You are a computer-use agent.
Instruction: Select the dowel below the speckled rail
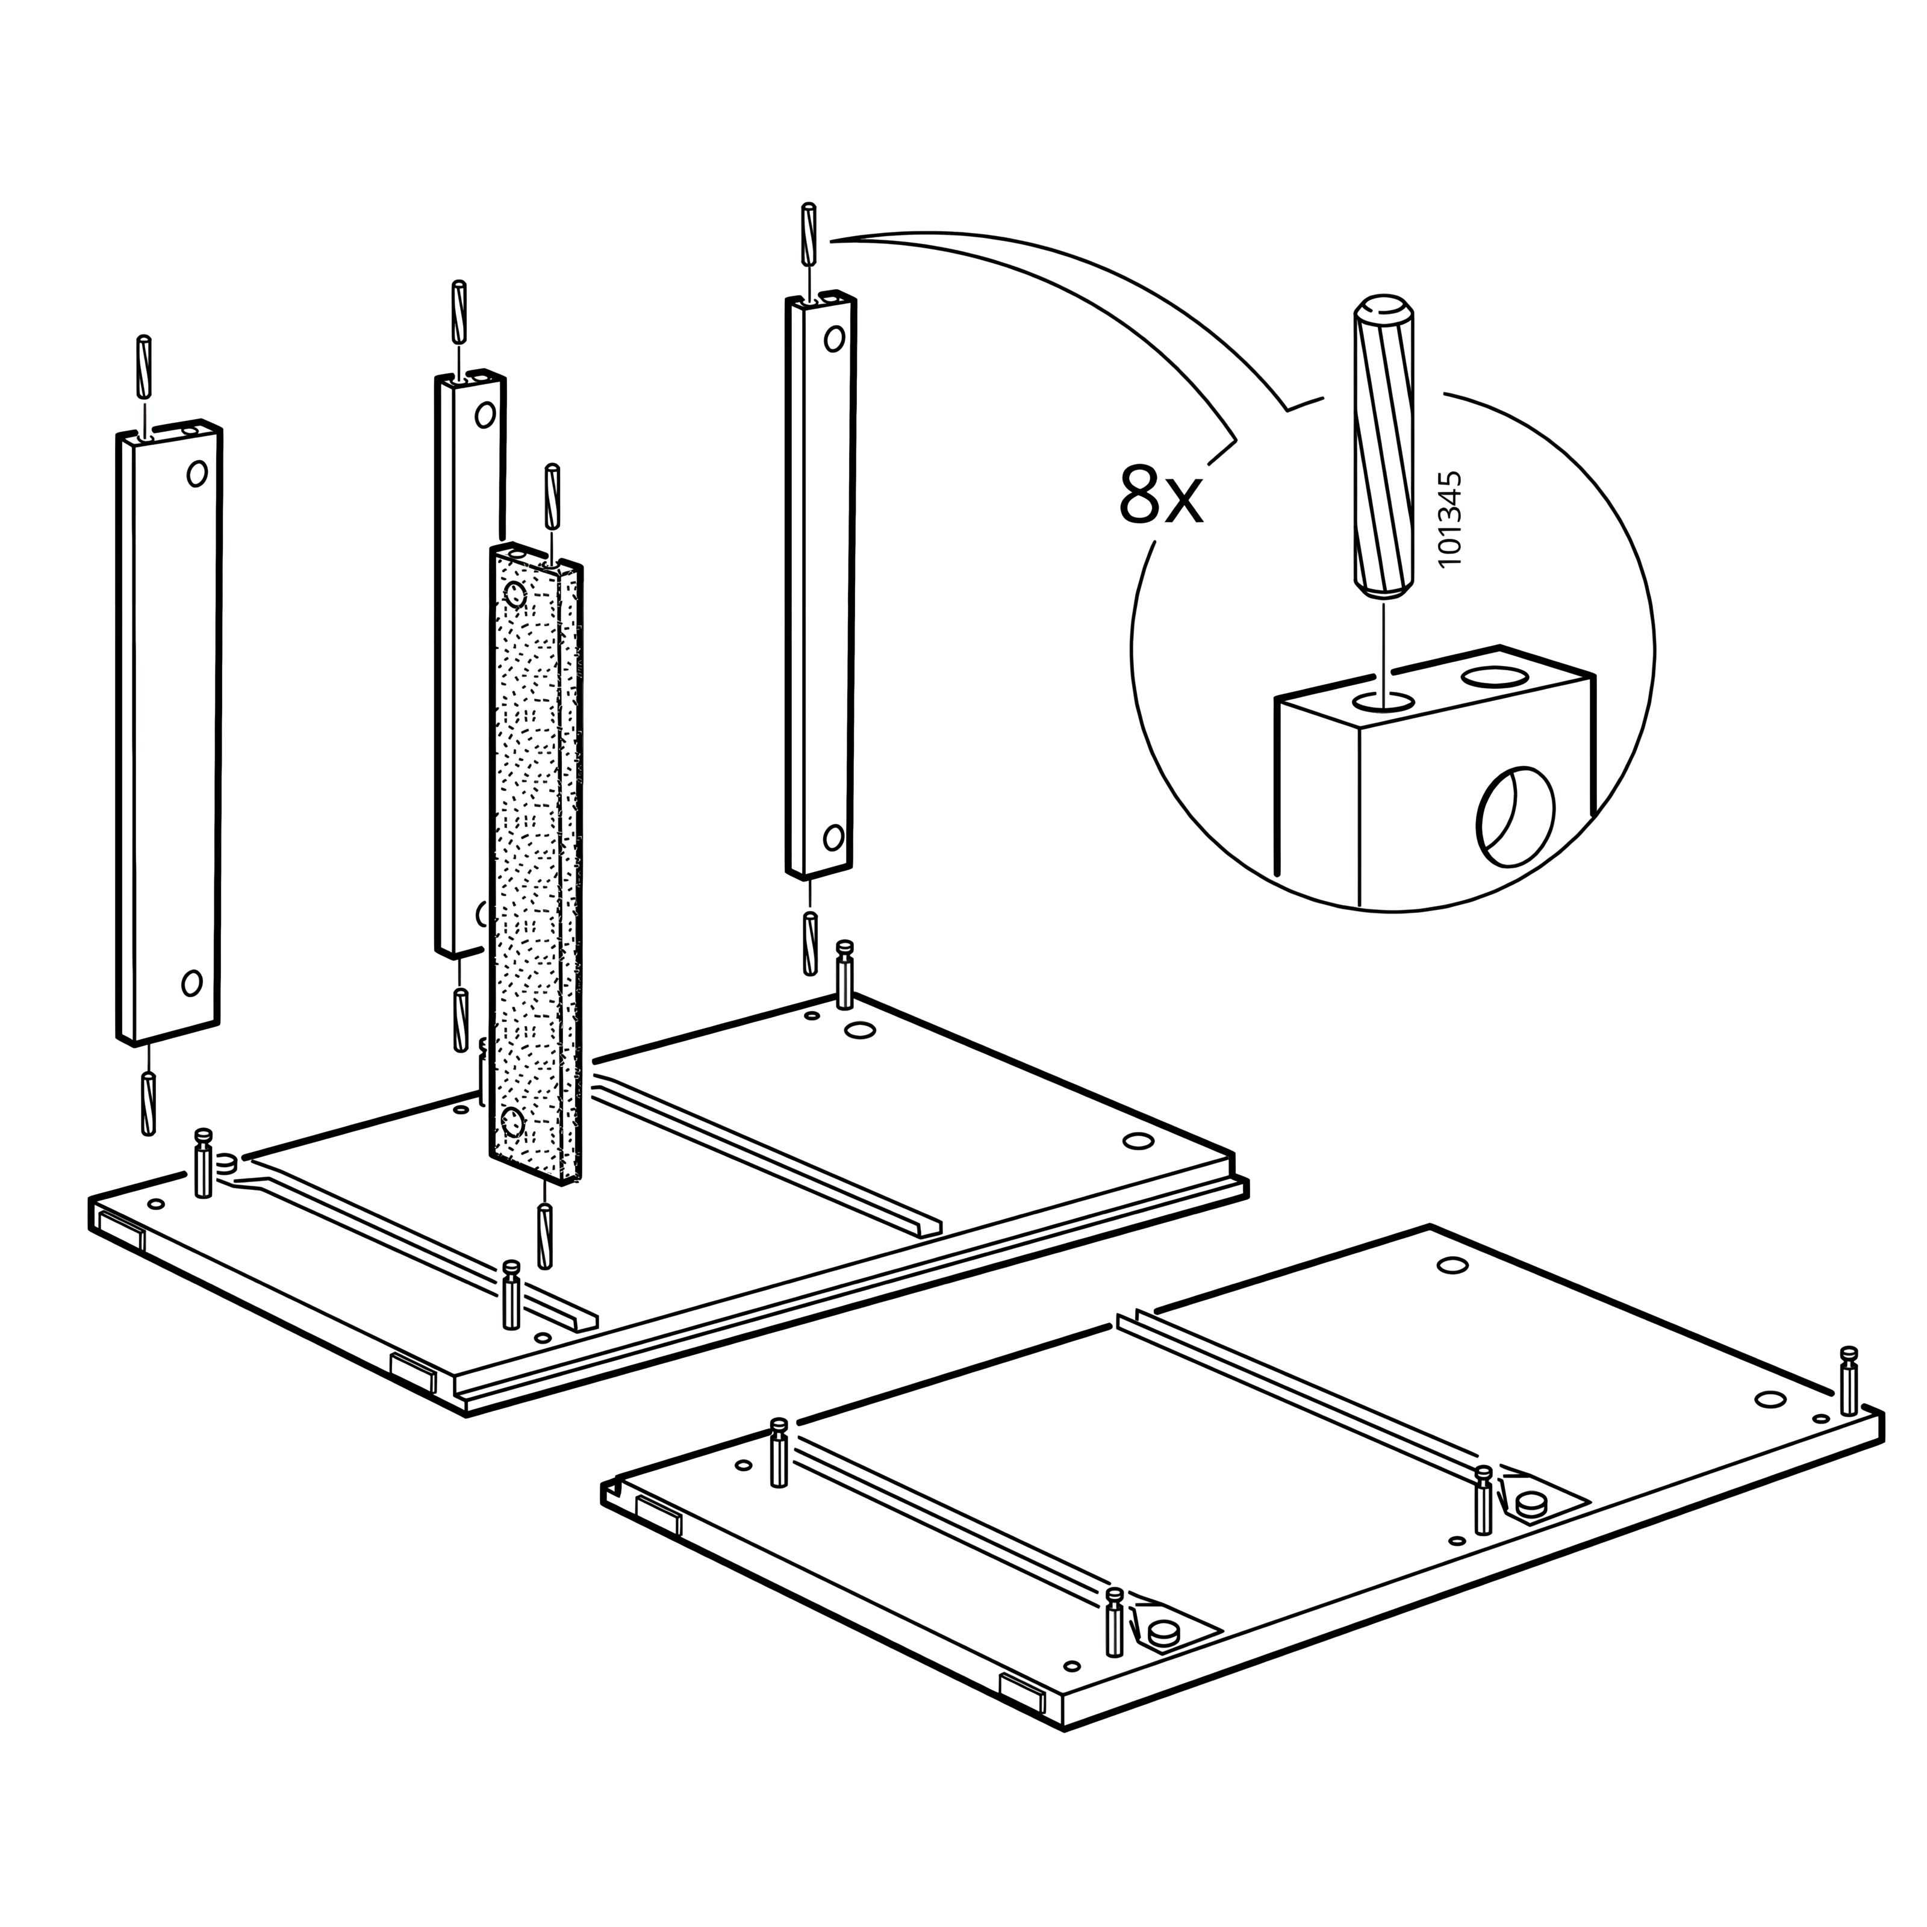click(544, 1236)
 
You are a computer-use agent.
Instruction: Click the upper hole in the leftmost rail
click(196, 473)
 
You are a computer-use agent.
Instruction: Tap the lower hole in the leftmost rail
click(191, 983)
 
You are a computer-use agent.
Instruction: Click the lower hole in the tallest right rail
click(834, 837)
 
